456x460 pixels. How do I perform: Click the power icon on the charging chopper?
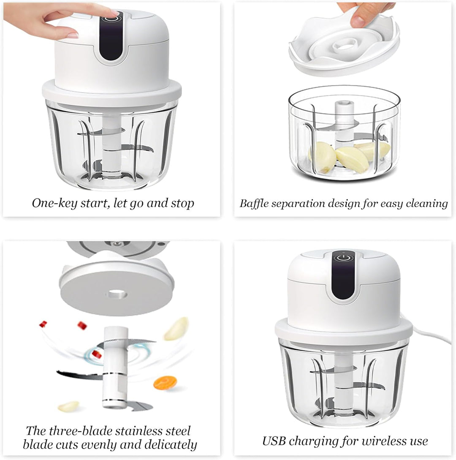(x=343, y=258)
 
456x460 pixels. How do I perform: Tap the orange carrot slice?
(x=165, y=383)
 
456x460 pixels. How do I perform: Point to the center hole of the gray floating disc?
(x=117, y=294)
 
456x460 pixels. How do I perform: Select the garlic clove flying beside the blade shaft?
(x=176, y=329)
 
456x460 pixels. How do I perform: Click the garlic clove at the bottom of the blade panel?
(x=68, y=406)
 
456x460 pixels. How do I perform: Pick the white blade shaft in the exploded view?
(x=115, y=367)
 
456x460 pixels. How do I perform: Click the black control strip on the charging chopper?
(x=343, y=275)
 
